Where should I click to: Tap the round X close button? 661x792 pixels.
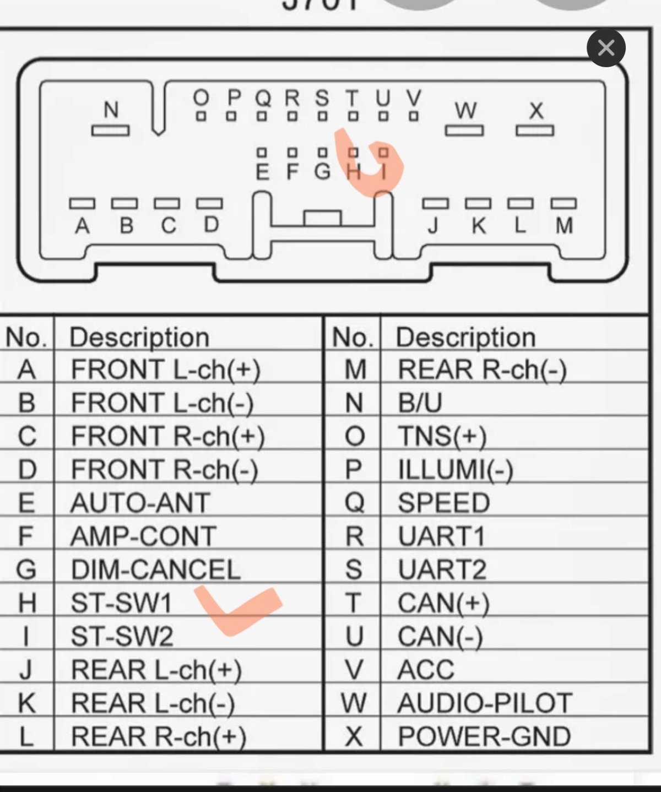[x=606, y=48]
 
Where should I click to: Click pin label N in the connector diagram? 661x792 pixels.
[x=111, y=109]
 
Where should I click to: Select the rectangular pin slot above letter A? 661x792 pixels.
[x=82, y=204]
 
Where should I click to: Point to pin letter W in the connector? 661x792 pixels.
[x=465, y=110]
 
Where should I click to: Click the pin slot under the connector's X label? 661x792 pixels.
[x=535, y=131]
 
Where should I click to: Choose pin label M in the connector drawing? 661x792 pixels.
[x=564, y=225]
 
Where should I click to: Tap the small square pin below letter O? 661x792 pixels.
[x=201, y=116]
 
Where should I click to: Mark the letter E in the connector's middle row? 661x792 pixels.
[x=263, y=172]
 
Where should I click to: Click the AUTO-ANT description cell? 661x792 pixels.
[x=140, y=503]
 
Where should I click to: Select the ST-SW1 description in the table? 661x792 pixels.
[x=121, y=603]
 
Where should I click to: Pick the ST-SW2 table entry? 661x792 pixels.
[x=122, y=637]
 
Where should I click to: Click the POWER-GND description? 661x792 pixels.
[x=484, y=736]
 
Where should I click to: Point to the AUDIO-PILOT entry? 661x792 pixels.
[x=485, y=703]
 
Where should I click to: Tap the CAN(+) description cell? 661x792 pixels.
[x=443, y=603]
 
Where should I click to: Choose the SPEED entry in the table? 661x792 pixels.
[x=443, y=503]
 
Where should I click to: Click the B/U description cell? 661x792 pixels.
[x=420, y=403]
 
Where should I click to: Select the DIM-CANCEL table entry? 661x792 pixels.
[x=156, y=569]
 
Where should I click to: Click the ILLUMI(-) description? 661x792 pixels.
[x=456, y=470]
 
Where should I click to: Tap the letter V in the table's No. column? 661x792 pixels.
[x=354, y=670]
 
